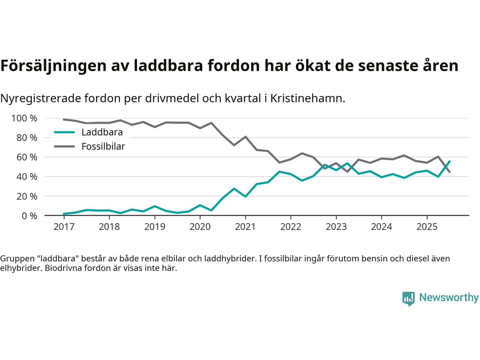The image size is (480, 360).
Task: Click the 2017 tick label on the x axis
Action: tap(64, 226)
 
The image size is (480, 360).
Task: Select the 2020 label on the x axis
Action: tap(200, 226)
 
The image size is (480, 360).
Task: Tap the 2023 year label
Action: tap(336, 226)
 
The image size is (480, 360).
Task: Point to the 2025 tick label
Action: tap(427, 226)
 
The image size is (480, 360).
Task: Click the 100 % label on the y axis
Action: tap(24, 118)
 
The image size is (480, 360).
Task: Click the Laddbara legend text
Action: tap(102, 132)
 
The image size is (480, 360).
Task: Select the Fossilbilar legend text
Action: tap(103, 146)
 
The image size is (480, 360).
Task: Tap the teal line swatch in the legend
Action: tap(64, 132)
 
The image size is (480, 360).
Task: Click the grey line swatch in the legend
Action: tap(64, 146)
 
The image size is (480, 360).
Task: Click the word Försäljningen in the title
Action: tap(53, 66)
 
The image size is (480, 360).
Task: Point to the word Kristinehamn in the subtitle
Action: tap(307, 98)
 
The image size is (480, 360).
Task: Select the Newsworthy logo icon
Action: tap(408, 298)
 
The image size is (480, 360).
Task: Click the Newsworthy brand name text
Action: tap(449, 297)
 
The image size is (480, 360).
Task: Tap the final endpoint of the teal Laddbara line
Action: tap(450, 161)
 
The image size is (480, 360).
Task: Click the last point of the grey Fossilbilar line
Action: tap(450, 172)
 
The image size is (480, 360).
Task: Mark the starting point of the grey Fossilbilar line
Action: tap(64, 119)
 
